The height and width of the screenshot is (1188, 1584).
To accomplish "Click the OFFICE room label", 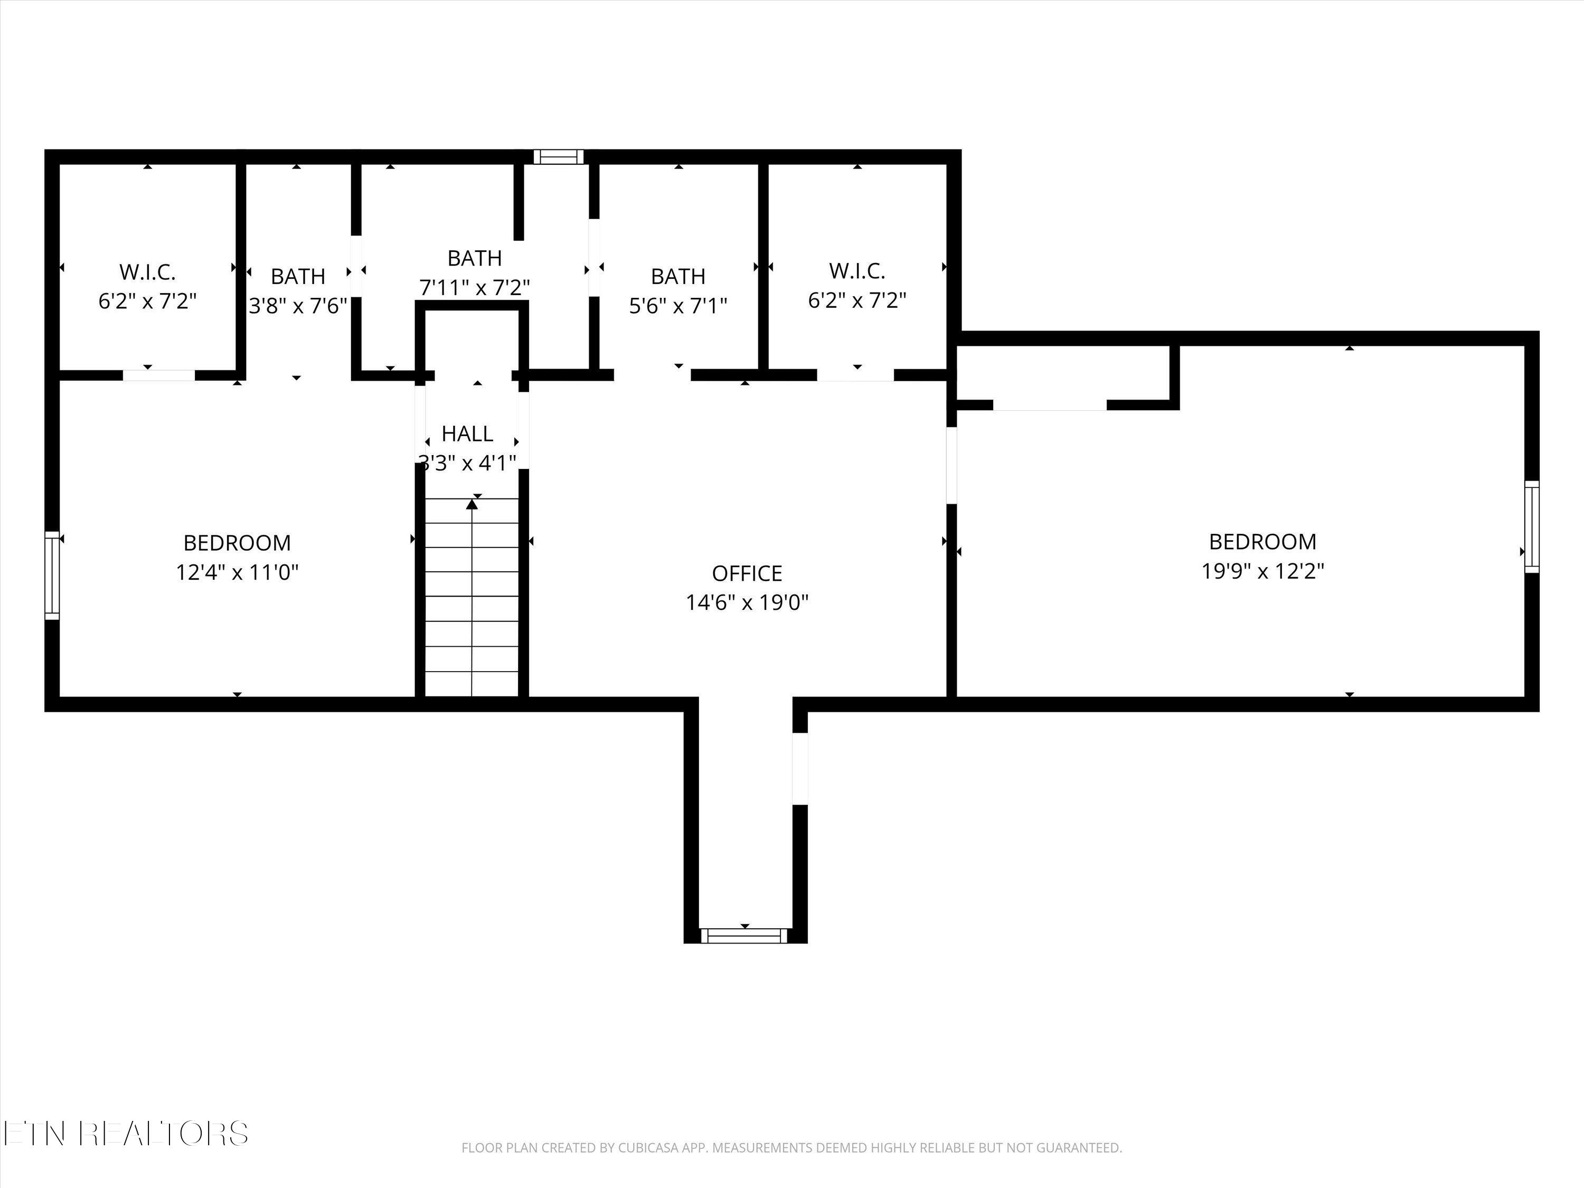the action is pyautogui.click(x=747, y=573).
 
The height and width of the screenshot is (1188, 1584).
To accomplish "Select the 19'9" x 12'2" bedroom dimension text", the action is pyautogui.click(x=1262, y=571).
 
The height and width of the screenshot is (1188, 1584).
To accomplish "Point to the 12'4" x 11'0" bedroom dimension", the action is pyautogui.click(x=237, y=572).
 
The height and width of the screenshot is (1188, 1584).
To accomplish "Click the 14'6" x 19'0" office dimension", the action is pyautogui.click(x=747, y=602).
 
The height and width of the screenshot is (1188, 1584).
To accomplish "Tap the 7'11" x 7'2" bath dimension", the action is pyautogui.click(x=474, y=287).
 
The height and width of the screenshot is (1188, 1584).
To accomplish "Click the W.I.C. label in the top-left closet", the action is pyautogui.click(x=147, y=272).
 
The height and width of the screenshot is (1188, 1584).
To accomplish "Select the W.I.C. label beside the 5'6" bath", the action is pyautogui.click(x=857, y=271).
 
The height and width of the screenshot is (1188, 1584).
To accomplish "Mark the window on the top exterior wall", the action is pyautogui.click(x=559, y=157).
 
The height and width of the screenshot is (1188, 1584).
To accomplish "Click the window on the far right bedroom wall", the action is pyautogui.click(x=1532, y=526).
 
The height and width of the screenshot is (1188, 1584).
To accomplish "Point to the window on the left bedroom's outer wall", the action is pyautogui.click(x=52, y=575).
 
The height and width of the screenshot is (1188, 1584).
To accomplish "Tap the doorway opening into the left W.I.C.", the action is pyautogui.click(x=159, y=375).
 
